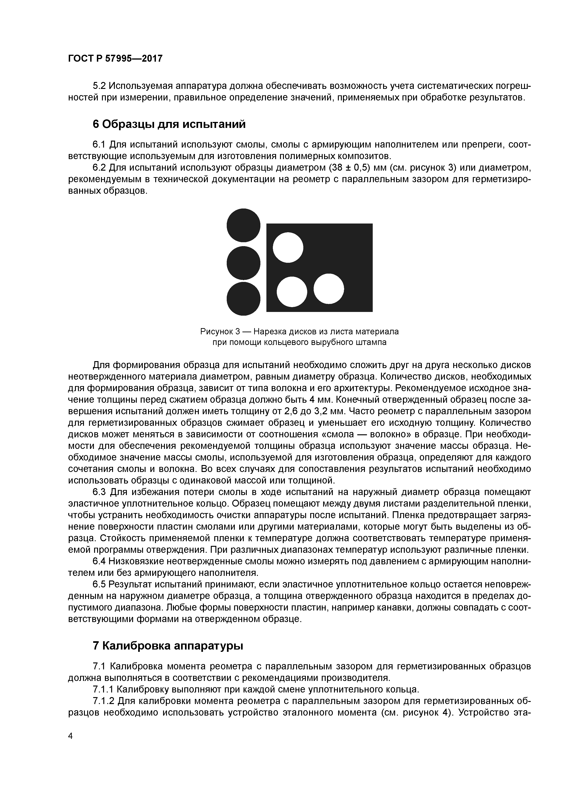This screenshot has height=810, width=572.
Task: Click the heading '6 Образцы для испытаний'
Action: pos(169,124)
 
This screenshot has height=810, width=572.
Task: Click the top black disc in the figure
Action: pos(243,225)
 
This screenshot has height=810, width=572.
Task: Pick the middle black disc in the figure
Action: pos(243,263)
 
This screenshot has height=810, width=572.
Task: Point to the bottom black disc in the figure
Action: pos(243,299)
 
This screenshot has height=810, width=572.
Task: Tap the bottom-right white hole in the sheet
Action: pos(328,289)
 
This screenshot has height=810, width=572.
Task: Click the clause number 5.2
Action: pos(99,86)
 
